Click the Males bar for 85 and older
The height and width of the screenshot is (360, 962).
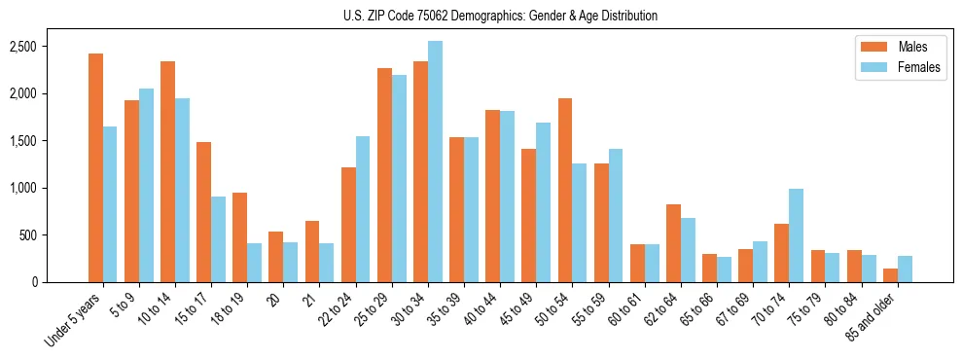tap(891, 275)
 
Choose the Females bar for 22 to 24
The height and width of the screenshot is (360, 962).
tap(363, 209)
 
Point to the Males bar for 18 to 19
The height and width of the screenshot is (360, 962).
tap(239, 237)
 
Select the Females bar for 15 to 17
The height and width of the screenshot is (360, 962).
tap(218, 239)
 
